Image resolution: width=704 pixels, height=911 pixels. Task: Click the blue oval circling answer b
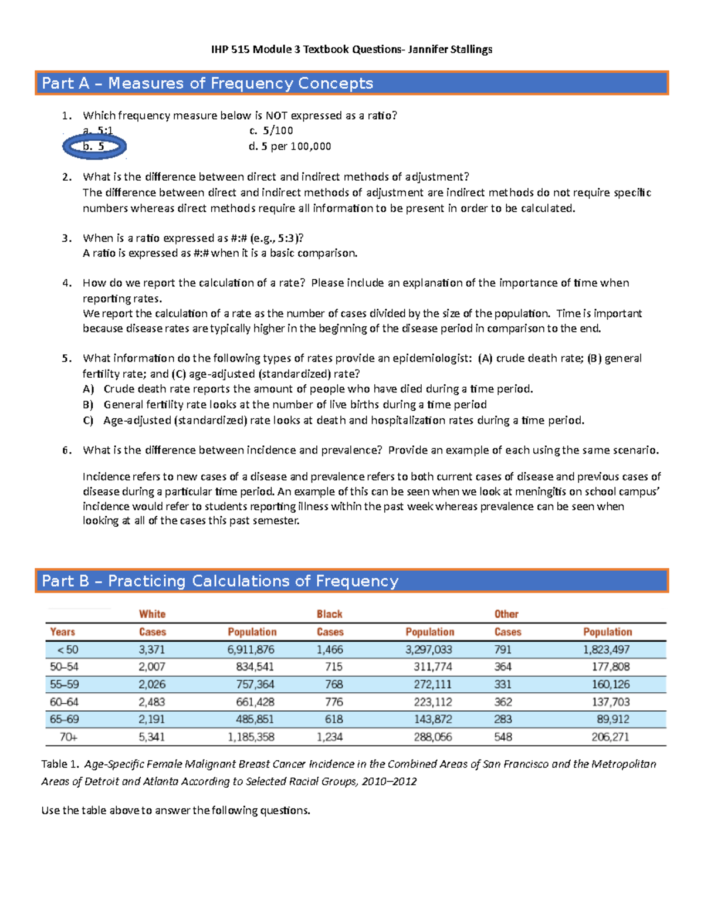pyautogui.click(x=94, y=147)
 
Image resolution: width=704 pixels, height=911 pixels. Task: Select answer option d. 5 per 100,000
pyautogui.click(x=290, y=147)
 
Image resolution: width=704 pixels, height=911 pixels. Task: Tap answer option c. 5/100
pyautogui.click(x=271, y=131)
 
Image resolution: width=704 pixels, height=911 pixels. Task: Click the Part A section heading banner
pyautogui.click(x=351, y=83)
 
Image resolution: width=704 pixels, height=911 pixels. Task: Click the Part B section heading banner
pyautogui.click(x=351, y=581)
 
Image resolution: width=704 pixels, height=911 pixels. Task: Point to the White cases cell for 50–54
pyautogui.click(x=152, y=667)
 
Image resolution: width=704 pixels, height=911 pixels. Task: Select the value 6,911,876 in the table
pyautogui.click(x=251, y=650)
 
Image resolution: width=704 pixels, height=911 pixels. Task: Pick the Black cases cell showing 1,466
pyautogui.click(x=330, y=650)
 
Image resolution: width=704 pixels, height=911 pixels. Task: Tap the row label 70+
pyautogui.click(x=68, y=737)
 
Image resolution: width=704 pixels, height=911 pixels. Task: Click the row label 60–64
pyautogui.click(x=64, y=702)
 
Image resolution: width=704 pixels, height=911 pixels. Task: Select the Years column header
pyautogui.click(x=62, y=632)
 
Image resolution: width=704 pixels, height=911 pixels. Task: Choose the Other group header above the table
pyautogui.click(x=506, y=614)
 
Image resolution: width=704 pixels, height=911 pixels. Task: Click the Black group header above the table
pyautogui.click(x=329, y=614)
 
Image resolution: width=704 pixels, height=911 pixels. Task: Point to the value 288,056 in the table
pyautogui.click(x=432, y=737)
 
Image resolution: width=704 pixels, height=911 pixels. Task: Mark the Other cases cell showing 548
pyautogui.click(x=503, y=737)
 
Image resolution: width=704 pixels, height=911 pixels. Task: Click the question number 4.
pyautogui.click(x=67, y=283)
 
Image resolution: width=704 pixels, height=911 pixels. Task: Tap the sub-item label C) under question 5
pyautogui.click(x=88, y=421)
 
